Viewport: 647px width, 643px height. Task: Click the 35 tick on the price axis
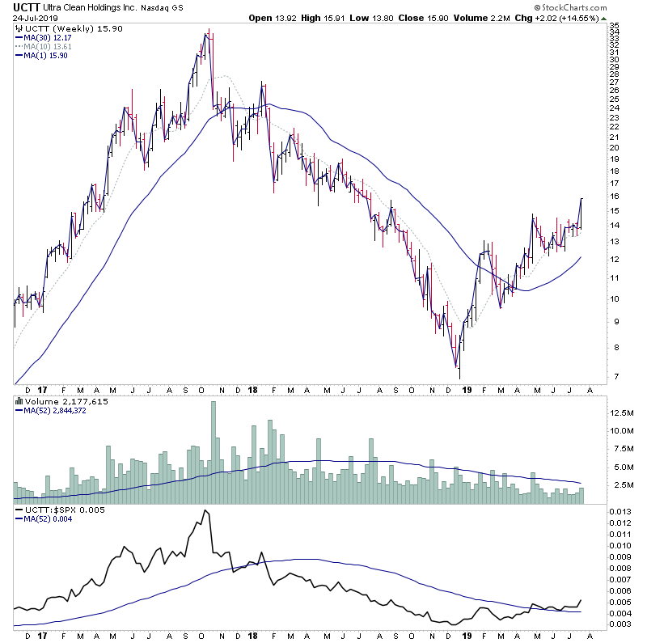coord(615,27)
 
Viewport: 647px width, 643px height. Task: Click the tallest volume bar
coord(214,453)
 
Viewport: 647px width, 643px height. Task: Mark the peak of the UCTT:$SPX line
coord(206,511)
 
